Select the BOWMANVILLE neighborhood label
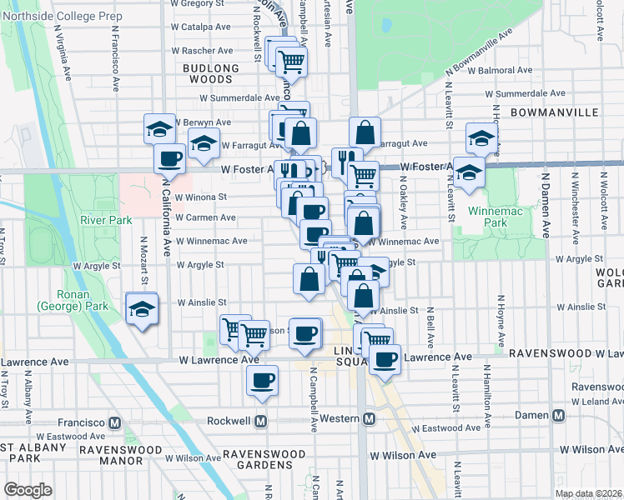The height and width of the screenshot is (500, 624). tap(554, 112)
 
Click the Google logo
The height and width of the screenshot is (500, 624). tap(28, 490)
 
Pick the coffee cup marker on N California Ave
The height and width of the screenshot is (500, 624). tap(169, 157)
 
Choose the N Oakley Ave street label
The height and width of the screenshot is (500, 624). tap(403, 208)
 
